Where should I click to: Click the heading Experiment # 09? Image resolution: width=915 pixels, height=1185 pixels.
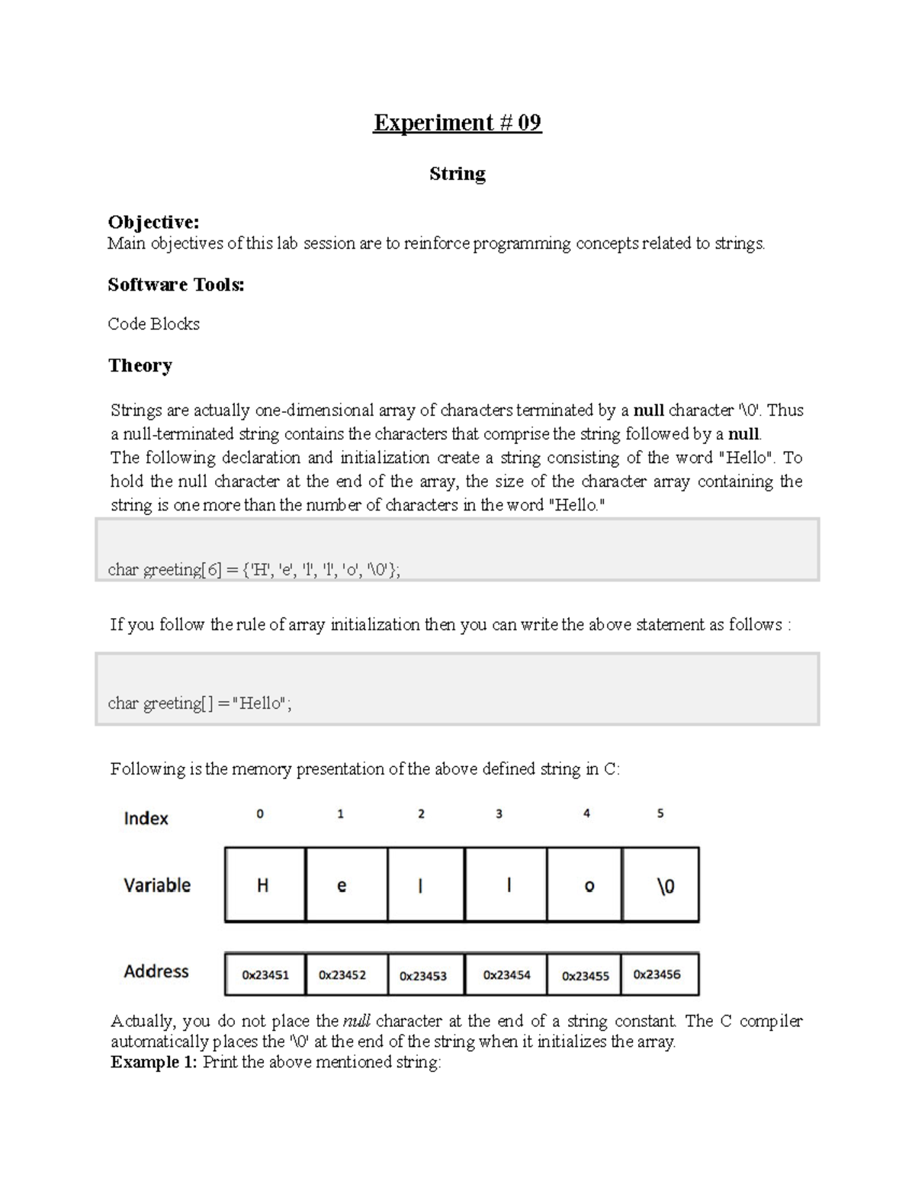pos(457,123)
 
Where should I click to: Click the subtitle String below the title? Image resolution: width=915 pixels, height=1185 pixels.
pos(457,174)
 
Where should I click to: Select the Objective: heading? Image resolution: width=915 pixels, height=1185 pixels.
pos(153,222)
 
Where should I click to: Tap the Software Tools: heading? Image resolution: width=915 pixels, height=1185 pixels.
pos(176,285)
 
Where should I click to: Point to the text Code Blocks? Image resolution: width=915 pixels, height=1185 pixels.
pos(153,324)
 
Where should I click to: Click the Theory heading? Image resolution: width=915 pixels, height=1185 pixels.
pos(140,365)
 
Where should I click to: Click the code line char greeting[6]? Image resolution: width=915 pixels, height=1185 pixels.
pos(254,570)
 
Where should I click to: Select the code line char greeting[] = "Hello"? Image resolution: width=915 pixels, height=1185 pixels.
pos(200,704)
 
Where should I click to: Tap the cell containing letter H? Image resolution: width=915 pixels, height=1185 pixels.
pos(264,885)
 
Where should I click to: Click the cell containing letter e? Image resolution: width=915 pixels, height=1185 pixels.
pos(342,885)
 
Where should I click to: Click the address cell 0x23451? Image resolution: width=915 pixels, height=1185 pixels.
pos(265,974)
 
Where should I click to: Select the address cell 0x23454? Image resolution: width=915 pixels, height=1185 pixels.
pos(506,974)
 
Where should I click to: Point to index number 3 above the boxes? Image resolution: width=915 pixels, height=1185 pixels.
pos(499,814)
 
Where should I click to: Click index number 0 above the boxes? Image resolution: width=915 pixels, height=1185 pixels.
pos(260,814)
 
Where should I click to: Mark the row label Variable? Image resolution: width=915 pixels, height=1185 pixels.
pos(157,885)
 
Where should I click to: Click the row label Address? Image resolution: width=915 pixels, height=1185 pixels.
pos(156,971)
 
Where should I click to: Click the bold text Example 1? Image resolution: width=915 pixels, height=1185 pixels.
pos(154,1063)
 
